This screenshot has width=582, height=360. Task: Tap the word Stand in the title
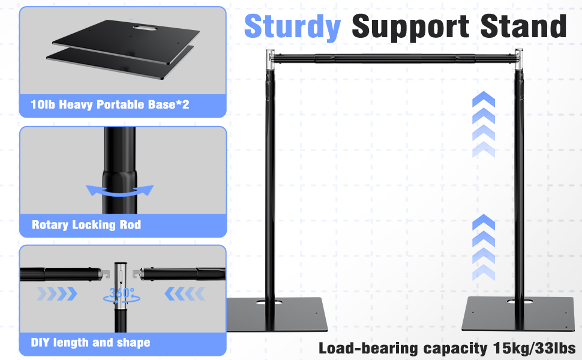pyautogui.click(x=523, y=26)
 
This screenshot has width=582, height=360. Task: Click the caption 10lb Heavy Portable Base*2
pyautogui.click(x=110, y=104)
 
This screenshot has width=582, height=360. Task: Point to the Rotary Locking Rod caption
pyautogui.click(x=86, y=224)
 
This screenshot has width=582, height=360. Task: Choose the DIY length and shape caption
pyautogui.click(x=91, y=342)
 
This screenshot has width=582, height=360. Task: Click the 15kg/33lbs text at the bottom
pyautogui.click(x=535, y=348)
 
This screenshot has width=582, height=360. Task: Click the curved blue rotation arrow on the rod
pyautogui.click(x=119, y=191)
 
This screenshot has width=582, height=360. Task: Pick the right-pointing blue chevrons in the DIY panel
pyautogui.click(x=57, y=293)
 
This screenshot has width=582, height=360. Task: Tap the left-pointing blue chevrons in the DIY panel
pyautogui.click(x=185, y=293)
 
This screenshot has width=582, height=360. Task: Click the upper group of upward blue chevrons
pyautogui.click(x=483, y=124)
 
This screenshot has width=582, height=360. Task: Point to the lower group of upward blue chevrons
pyautogui.click(x=483, y=247)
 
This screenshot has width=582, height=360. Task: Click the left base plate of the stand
pyautogui.click(x=277, y=314)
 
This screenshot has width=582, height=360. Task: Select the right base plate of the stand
pyautogui.click(x=518, y=314)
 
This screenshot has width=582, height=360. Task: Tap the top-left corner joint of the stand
pyautogui.click(x=270, y=59)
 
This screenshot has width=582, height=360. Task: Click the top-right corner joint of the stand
pyautogui.click(x=518, y=59)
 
